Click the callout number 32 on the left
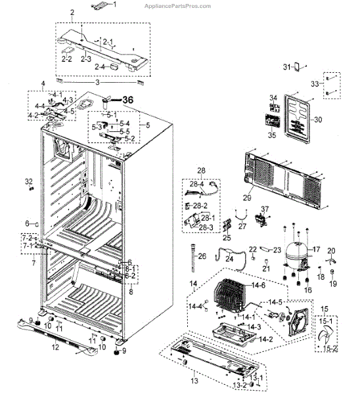28,181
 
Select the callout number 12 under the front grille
55,347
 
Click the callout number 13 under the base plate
193,381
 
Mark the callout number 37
265,209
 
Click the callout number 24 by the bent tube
229,259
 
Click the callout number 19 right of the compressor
332,284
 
